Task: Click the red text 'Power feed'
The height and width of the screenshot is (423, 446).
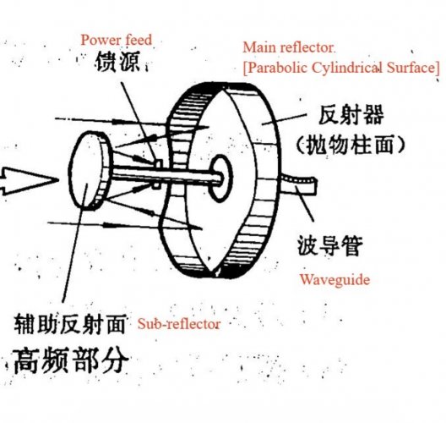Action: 117,40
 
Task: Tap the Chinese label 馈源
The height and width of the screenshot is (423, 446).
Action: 117,62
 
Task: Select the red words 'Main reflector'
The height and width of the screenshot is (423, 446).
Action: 288,47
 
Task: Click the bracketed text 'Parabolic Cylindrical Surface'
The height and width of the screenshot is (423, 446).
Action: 341,68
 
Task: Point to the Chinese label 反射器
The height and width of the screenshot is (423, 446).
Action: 351,115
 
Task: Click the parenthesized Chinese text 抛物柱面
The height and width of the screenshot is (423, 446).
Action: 351,145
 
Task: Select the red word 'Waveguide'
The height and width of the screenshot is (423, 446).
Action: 335,280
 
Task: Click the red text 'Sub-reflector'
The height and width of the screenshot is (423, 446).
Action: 179,324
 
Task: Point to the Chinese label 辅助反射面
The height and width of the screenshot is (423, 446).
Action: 70,324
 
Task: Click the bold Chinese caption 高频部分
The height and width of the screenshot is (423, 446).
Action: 70,360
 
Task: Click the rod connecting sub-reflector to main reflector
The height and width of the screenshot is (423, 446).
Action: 165,174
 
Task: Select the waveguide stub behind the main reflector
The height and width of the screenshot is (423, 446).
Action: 299,184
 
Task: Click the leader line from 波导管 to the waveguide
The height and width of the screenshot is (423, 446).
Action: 304,203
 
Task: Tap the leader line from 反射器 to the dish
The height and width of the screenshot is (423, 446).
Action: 284,118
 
